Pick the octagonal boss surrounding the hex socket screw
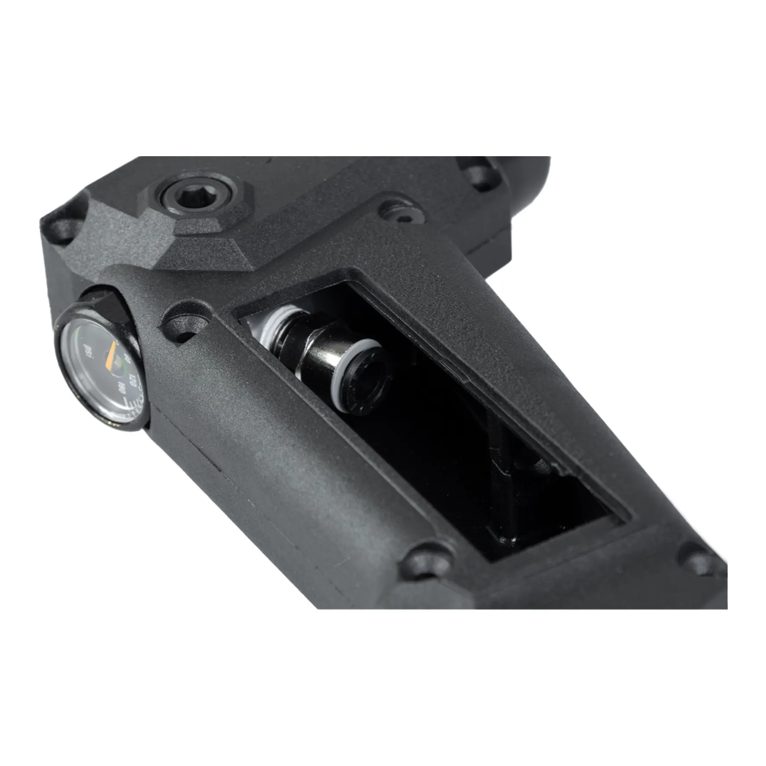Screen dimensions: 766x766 click(200, 213)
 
